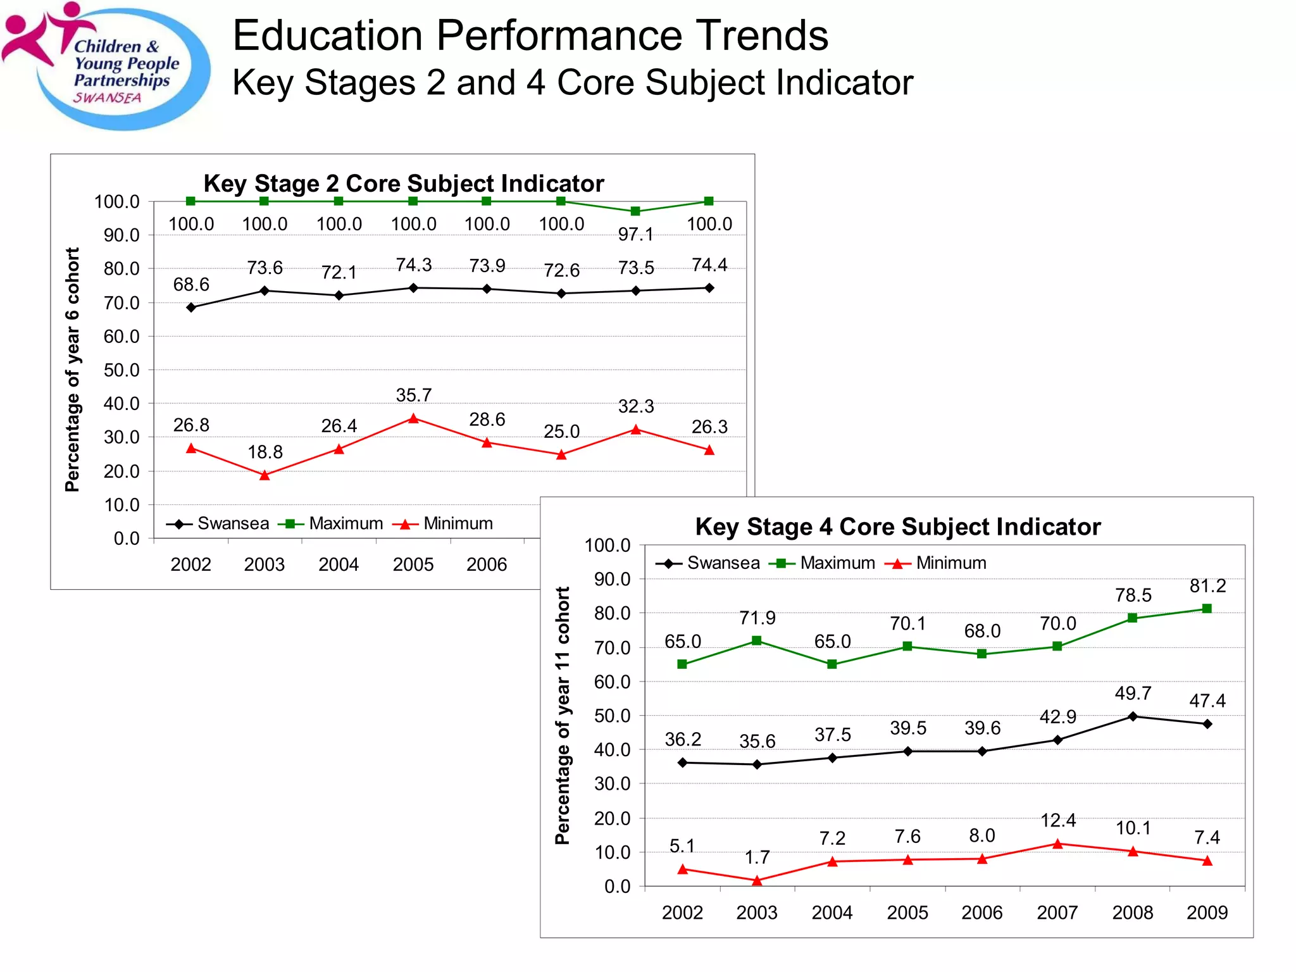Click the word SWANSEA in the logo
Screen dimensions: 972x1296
tap(107, 98)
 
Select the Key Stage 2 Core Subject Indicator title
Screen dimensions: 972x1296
tap(403, 184)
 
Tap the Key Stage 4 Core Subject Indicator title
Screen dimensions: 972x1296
tap(897, 526)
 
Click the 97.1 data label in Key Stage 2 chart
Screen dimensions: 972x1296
tap(635, 235)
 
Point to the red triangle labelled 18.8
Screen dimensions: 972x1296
tap(265, 475)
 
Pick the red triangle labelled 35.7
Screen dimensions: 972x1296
tap(413, 418)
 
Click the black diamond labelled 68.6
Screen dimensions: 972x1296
tap(191, 308)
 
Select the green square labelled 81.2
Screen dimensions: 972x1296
tap(1207, 609)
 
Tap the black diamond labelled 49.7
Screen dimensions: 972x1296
tap(1133, 716)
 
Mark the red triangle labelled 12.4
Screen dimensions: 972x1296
tap(1057, 844)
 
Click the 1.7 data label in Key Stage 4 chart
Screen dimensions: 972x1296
tap(757, 857)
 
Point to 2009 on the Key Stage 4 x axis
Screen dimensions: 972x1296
tap(1207, 913)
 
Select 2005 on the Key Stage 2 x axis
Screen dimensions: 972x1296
tap(413, 564)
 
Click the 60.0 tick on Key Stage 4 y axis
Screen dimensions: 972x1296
tap(612, 682)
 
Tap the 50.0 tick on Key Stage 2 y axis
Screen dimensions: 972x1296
tap(121, 370)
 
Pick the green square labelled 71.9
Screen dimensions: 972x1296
tap(756, 641)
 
